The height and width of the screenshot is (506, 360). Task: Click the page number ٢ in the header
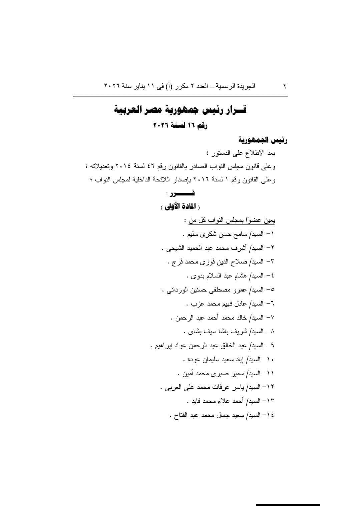[285, 86]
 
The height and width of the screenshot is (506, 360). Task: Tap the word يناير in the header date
[137, 86]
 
